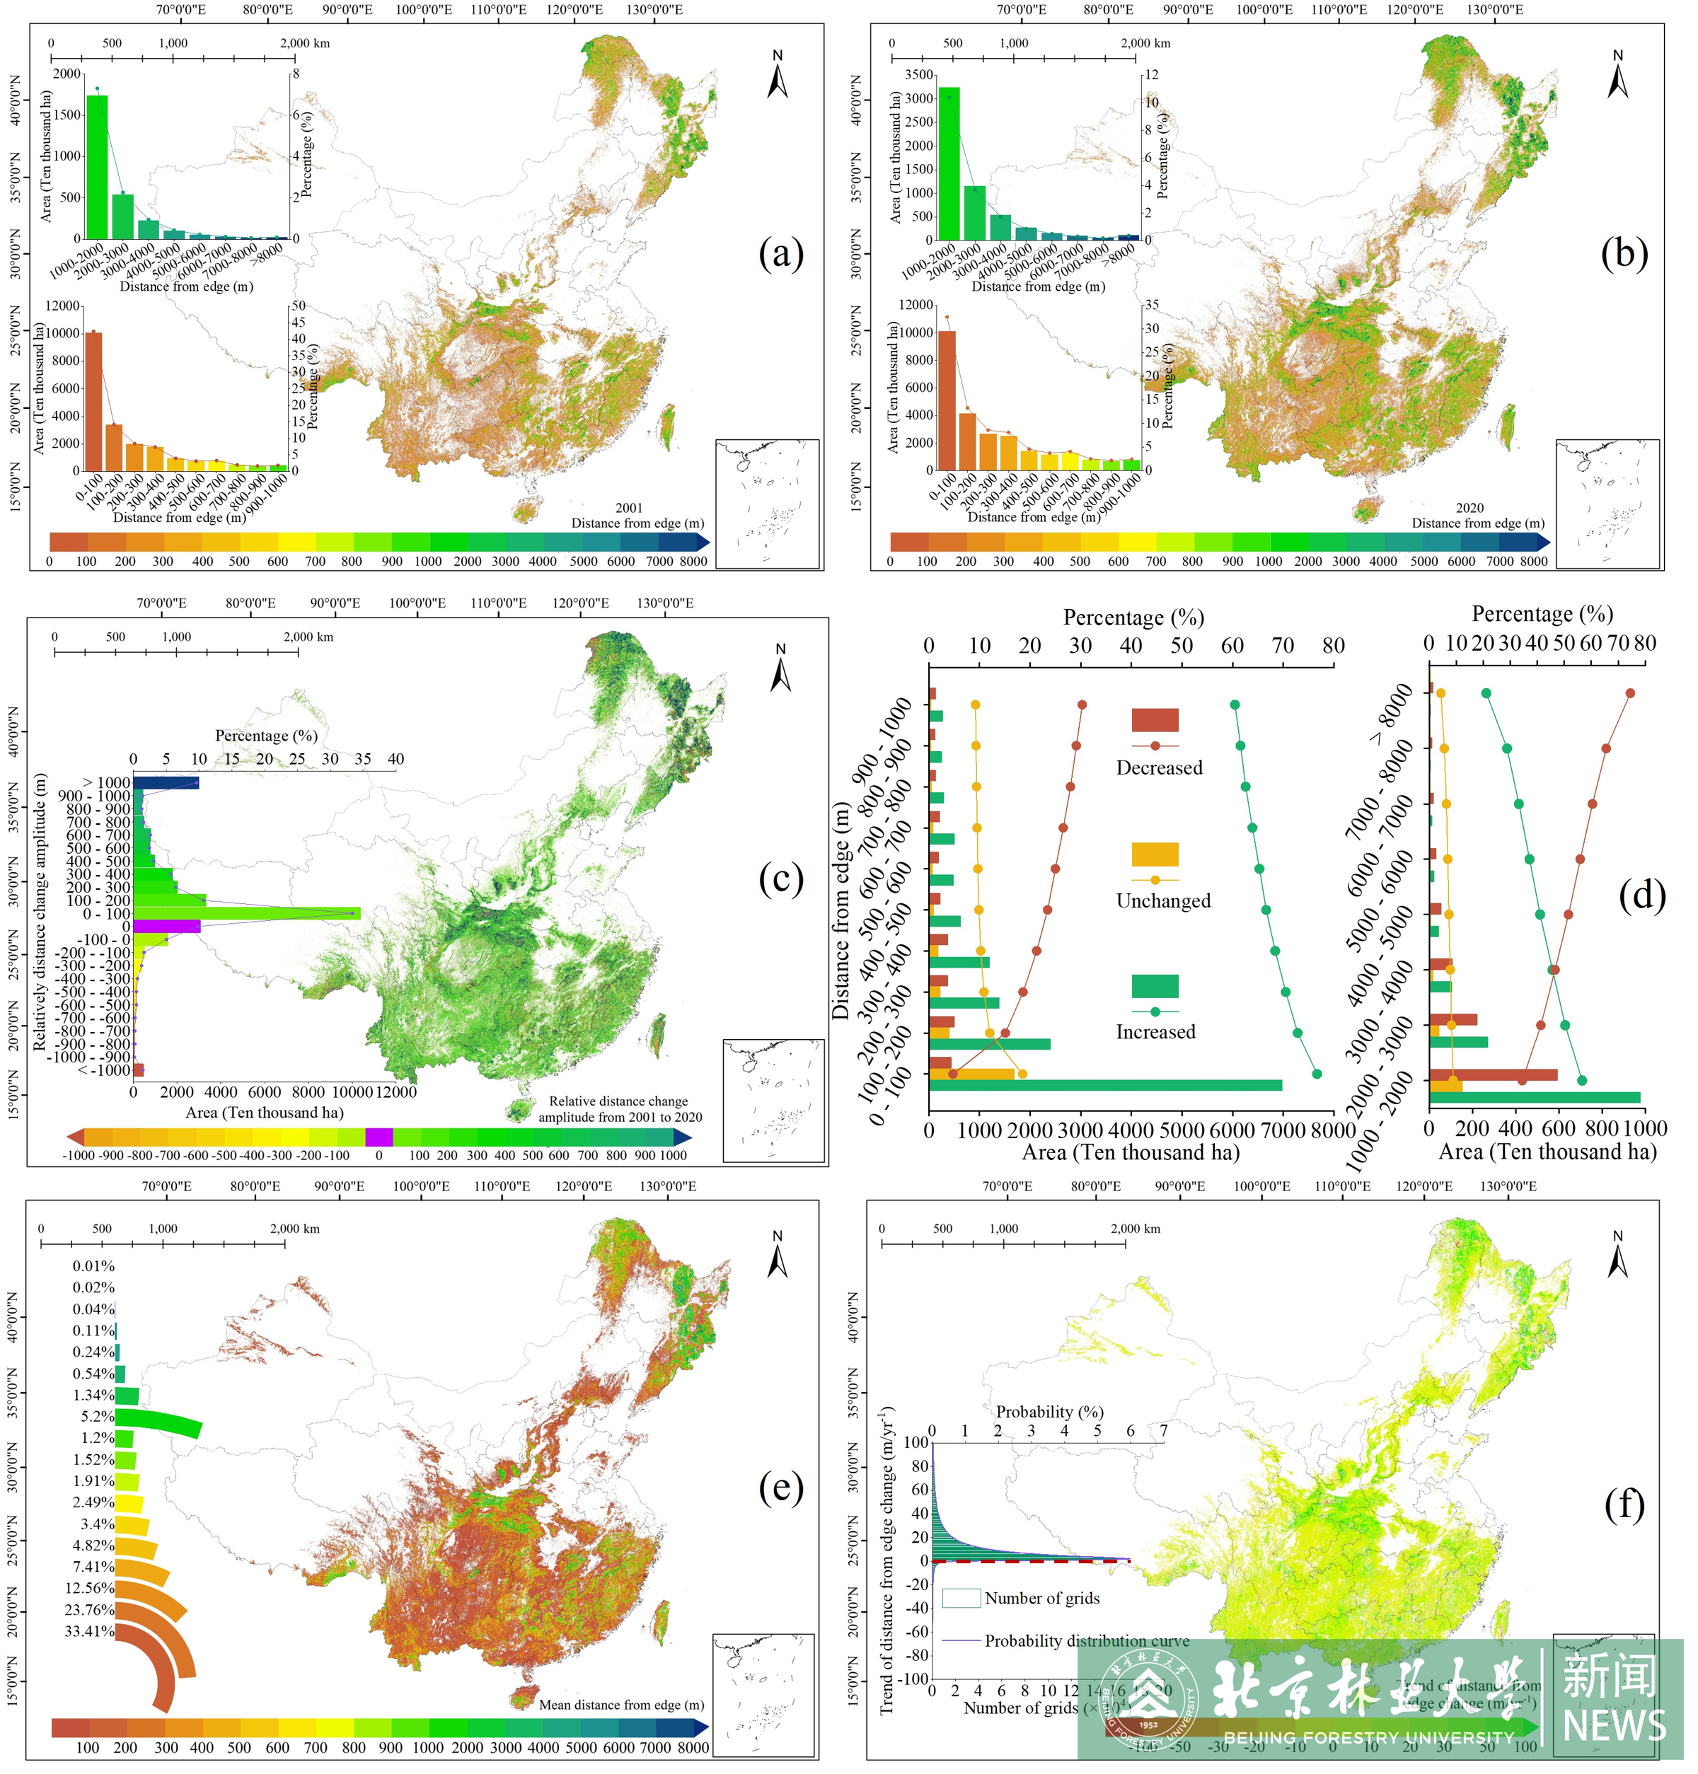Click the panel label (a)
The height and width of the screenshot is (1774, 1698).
tap(780, 253)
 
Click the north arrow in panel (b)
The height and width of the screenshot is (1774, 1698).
tap(1617, 75)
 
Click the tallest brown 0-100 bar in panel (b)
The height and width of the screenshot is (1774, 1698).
tap(947, 400)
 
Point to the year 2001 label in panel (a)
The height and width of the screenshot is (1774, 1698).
tap(629, 508)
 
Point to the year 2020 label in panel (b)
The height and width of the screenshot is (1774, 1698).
tap(1470, 508)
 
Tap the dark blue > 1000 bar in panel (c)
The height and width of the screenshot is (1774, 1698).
tap(166, 783)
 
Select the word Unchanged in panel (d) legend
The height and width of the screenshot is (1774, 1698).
tap(1163, 900)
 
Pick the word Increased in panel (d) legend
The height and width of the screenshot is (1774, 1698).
tap(1156, 1032)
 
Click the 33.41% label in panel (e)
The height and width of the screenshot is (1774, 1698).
tap(90, 1631)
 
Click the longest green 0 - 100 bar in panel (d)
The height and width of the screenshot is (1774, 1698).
tap(1105, 1085)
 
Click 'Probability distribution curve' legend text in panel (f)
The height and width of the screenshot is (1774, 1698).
tap(1086, 1641)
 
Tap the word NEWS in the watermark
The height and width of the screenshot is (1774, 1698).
tap(1614, 1725)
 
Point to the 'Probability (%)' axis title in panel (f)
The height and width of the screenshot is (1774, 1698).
tap(1050, 1411)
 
